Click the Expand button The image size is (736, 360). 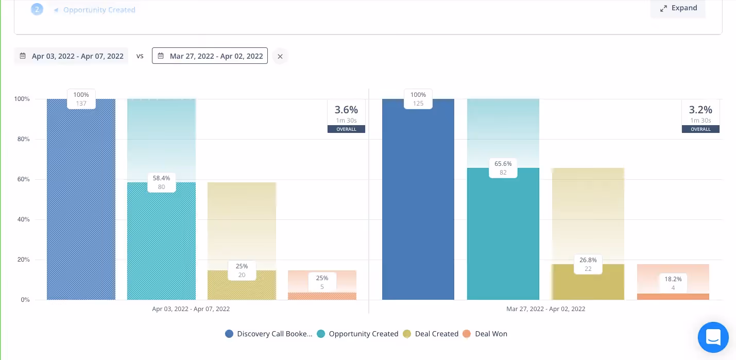678,8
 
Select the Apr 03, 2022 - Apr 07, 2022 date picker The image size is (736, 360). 72,56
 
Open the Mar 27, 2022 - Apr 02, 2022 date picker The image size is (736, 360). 210,56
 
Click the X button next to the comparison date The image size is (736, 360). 280,57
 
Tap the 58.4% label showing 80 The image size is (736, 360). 161,182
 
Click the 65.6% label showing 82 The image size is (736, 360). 503,168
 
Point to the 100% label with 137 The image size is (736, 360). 81,99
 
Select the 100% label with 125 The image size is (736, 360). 418,99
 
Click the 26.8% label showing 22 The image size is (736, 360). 587,264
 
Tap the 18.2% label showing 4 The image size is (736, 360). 673,283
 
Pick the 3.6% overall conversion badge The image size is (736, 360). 346,115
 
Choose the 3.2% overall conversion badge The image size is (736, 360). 700,115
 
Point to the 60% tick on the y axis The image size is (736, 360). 22,179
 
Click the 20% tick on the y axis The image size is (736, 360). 22,260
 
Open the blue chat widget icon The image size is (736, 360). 713,337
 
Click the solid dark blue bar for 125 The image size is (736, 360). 418,206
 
